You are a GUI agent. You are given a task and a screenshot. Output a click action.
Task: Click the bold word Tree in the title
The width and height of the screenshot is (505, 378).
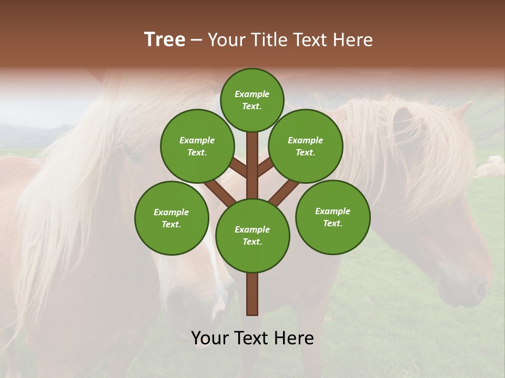click(x=165, y=40)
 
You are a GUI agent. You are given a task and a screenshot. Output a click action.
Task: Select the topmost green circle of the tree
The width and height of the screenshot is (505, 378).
click(x=252, y=100)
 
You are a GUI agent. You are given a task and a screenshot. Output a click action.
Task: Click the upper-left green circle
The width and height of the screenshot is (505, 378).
click(x=197, y=146)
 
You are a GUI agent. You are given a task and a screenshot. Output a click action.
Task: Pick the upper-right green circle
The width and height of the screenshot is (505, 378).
click(x=305, y=146)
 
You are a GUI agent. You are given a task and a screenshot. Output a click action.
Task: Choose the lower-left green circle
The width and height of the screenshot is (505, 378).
click(x=171, y=218)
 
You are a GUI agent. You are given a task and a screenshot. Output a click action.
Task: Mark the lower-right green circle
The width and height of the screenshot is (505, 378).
click(x=332, y=217)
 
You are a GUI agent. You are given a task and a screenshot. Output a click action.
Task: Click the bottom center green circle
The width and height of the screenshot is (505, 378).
click(x=252, y=235)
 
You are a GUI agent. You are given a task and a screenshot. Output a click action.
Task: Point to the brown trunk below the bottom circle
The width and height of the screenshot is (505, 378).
click(x=252, y=294)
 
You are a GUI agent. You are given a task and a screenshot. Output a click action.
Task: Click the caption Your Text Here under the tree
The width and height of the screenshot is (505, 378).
click(x=252, y=338)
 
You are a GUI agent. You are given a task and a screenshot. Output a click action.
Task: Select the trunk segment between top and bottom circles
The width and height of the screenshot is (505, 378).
click(x=252, y=165)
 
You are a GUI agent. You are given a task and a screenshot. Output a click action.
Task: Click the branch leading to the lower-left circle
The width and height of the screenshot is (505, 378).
click(x=220, y=192)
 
